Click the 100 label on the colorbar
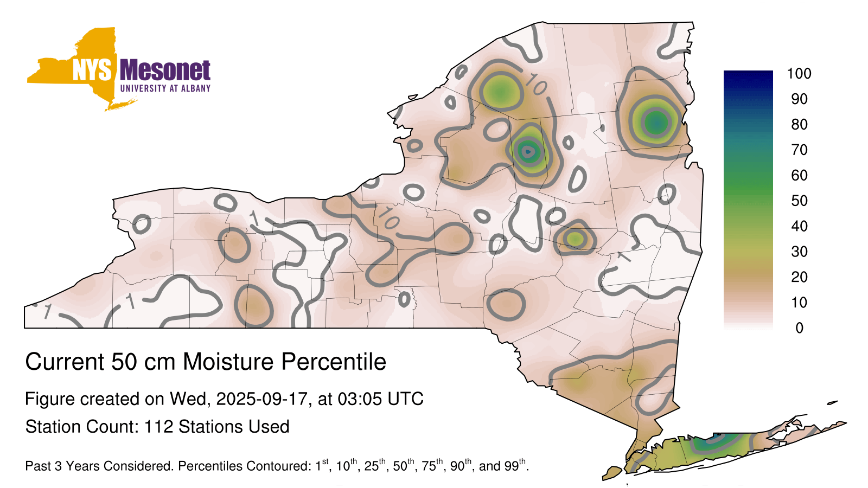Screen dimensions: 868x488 [799, 74]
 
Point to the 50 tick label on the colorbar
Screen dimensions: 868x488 [799, 201]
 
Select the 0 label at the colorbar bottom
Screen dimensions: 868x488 [799, 328]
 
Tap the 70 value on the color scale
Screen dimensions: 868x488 [799, 150]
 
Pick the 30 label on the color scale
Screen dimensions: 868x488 [799, 252]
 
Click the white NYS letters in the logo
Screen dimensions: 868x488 [92, 70]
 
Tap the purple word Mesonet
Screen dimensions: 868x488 [165, 70]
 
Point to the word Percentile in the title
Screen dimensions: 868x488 [334, 363]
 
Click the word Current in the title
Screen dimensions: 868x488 [65, 362]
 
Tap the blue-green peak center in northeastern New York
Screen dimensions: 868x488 [656, 123]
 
